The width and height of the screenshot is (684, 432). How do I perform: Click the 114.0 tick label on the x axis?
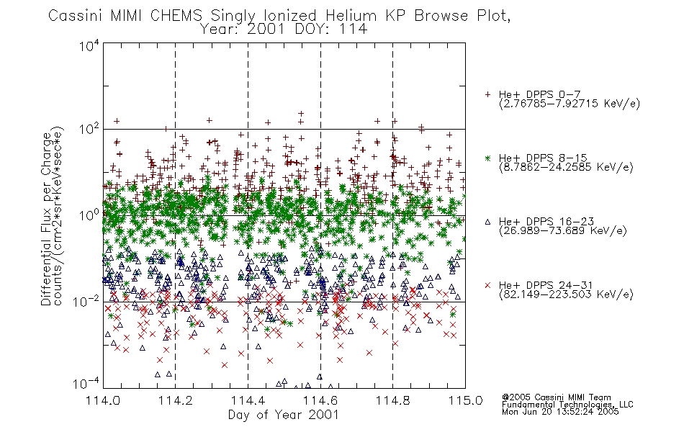coord(104,400)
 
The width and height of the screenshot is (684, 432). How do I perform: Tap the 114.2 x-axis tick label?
coord(176,400)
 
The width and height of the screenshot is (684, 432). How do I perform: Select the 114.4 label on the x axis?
coord(248,400)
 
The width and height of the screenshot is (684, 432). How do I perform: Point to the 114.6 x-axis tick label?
coord(320,400)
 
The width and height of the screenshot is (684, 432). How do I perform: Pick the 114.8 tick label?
coord(392,400)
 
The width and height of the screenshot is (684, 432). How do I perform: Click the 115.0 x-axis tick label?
coord(465,400)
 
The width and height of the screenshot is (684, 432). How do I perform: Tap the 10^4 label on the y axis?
coord(89,45)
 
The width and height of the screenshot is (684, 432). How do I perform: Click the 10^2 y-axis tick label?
coord(89,129)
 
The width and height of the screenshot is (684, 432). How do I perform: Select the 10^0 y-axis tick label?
coord(89,215)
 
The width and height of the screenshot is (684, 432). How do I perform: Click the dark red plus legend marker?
coord(487,94)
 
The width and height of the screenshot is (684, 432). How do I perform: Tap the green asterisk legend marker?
coord(487,158)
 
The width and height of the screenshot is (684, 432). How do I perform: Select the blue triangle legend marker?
coord(487,222)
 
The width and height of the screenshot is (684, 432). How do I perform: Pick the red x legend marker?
coord(487,285)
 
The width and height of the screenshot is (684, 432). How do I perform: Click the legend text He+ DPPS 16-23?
coord(546,221)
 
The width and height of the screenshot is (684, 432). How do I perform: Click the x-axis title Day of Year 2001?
coord(284,415)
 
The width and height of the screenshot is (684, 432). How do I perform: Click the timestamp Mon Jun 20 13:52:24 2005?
coord(560,412)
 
